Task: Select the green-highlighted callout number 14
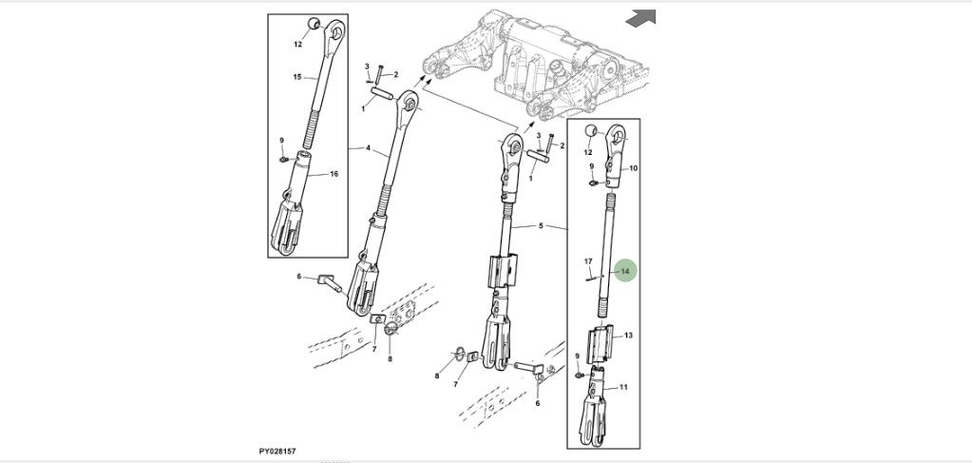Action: [x=625, y=272]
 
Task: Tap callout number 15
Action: [x=296, y=77]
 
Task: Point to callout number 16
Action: [x=334, y=174]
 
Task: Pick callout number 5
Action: [x=541, y=226]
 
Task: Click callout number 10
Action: [x=633, y=168]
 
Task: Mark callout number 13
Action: [x=628, y=336]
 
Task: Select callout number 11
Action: [x=623, y=387]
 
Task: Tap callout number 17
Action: [x=588, y=261]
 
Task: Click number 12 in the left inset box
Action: [x=297, y=44]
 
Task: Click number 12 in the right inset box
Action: [x=588, y=152]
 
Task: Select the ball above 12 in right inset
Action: [x=589, y=131]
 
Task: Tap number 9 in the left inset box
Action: [x=282, y=141]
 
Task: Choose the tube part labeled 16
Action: [x=307, y=172]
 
